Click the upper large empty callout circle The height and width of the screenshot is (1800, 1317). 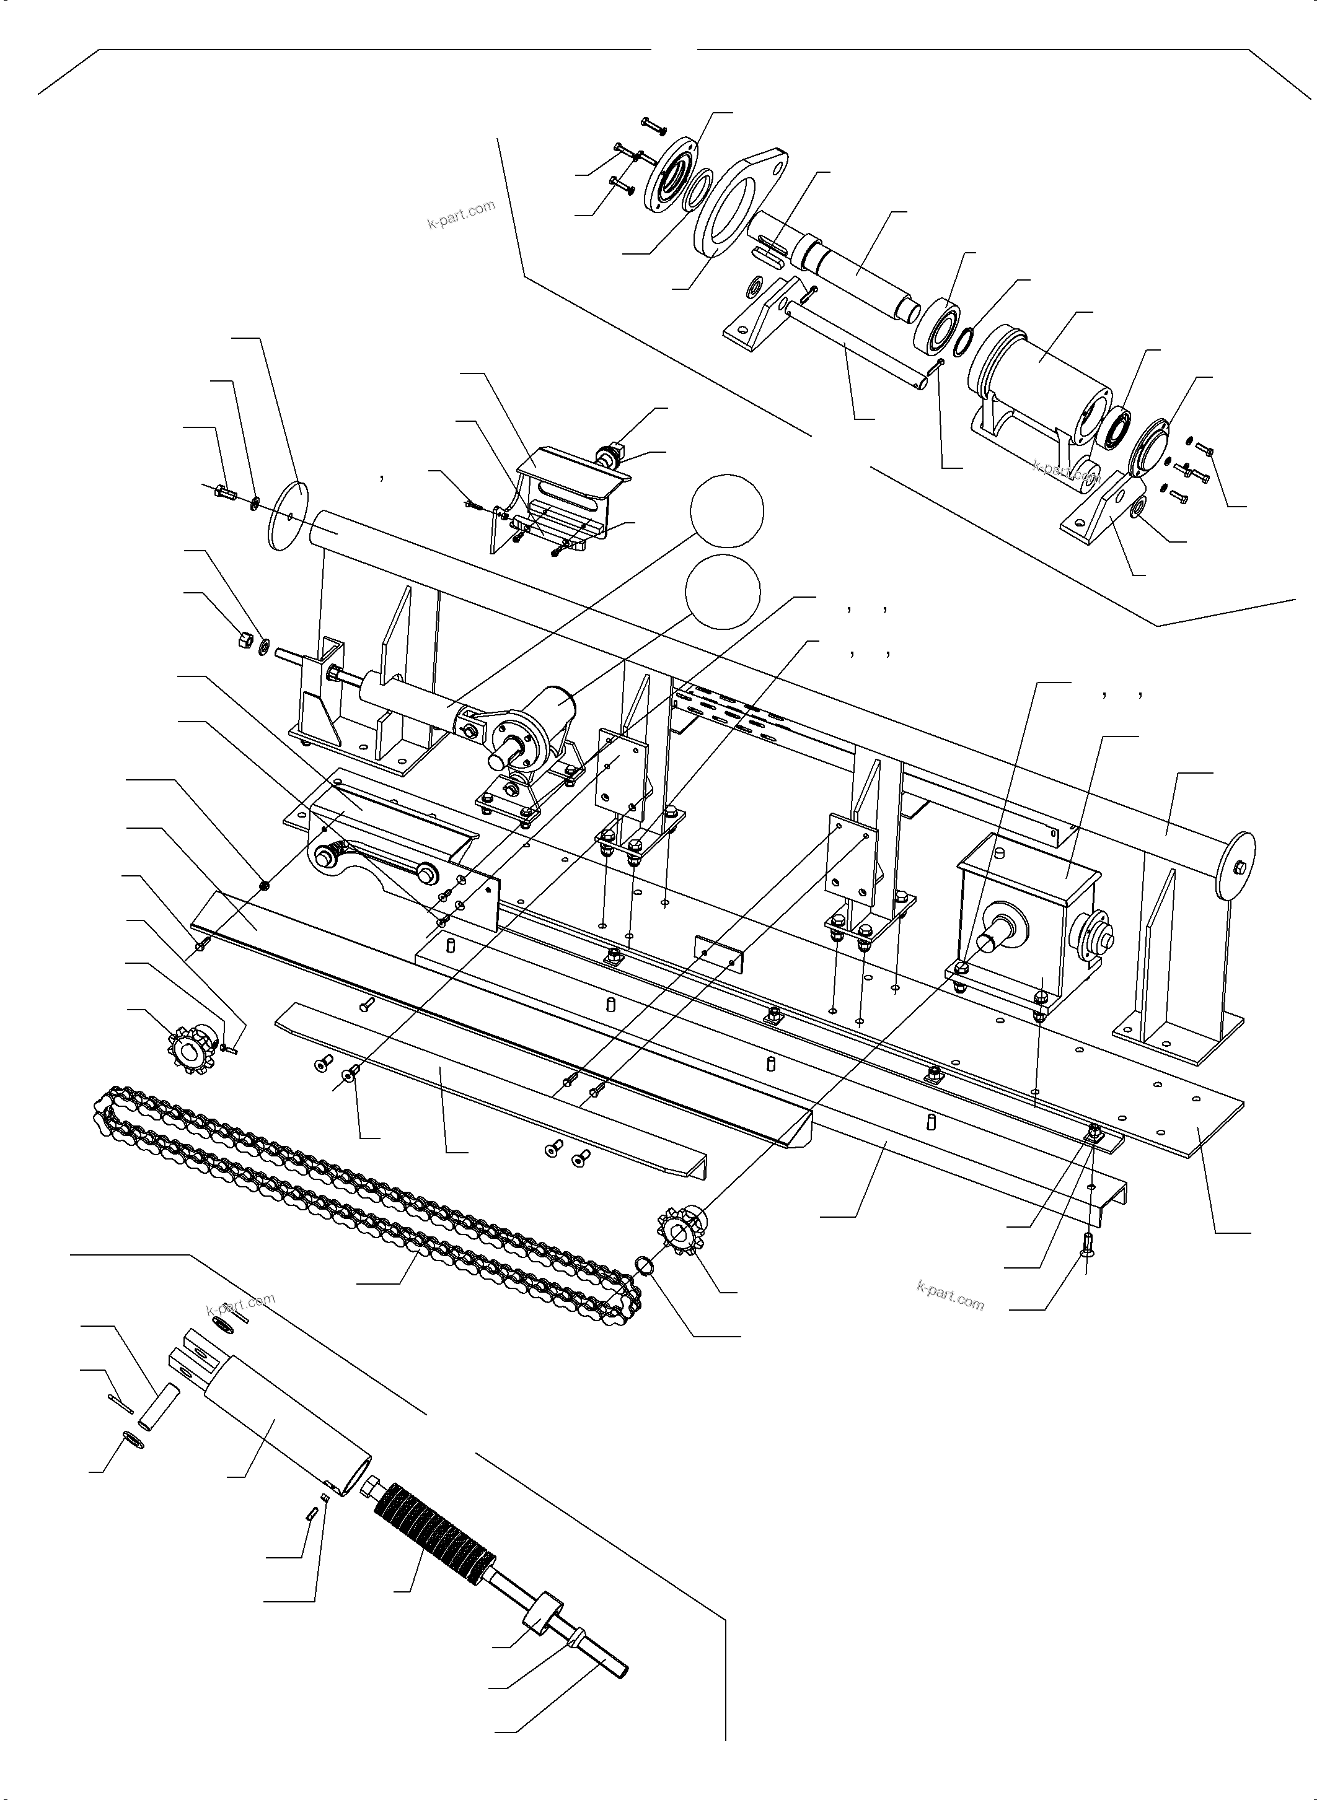pos(726,511)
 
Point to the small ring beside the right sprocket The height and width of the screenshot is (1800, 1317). pos(646,1265)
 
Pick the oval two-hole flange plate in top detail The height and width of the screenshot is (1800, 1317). pos(739,200)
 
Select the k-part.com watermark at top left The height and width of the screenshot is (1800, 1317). pos(460,214)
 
